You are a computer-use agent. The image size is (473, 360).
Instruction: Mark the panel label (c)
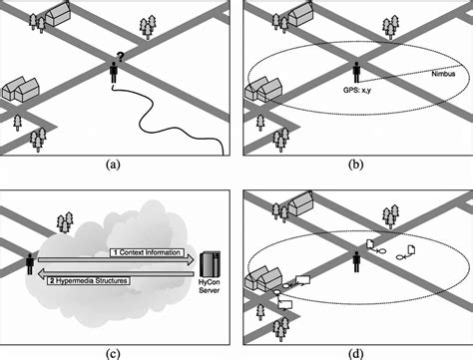pos(116,350)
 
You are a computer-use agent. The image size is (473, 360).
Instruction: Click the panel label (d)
pos(356,350)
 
